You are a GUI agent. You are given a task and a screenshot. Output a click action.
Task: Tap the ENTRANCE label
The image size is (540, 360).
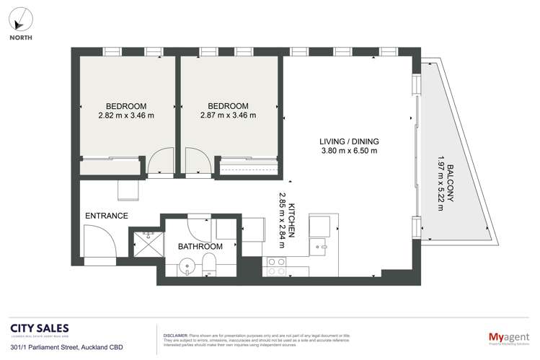(x=106, y=216)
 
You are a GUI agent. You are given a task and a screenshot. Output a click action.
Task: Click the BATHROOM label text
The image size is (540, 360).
(x=200, y=246)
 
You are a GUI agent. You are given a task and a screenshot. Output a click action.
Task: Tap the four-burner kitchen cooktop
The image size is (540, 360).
(x=275, y=267)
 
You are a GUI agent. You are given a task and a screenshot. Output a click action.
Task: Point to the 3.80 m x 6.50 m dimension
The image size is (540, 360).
(x=350, y=151)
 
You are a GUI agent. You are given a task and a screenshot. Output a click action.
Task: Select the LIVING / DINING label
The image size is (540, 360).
(x=350, y=141)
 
